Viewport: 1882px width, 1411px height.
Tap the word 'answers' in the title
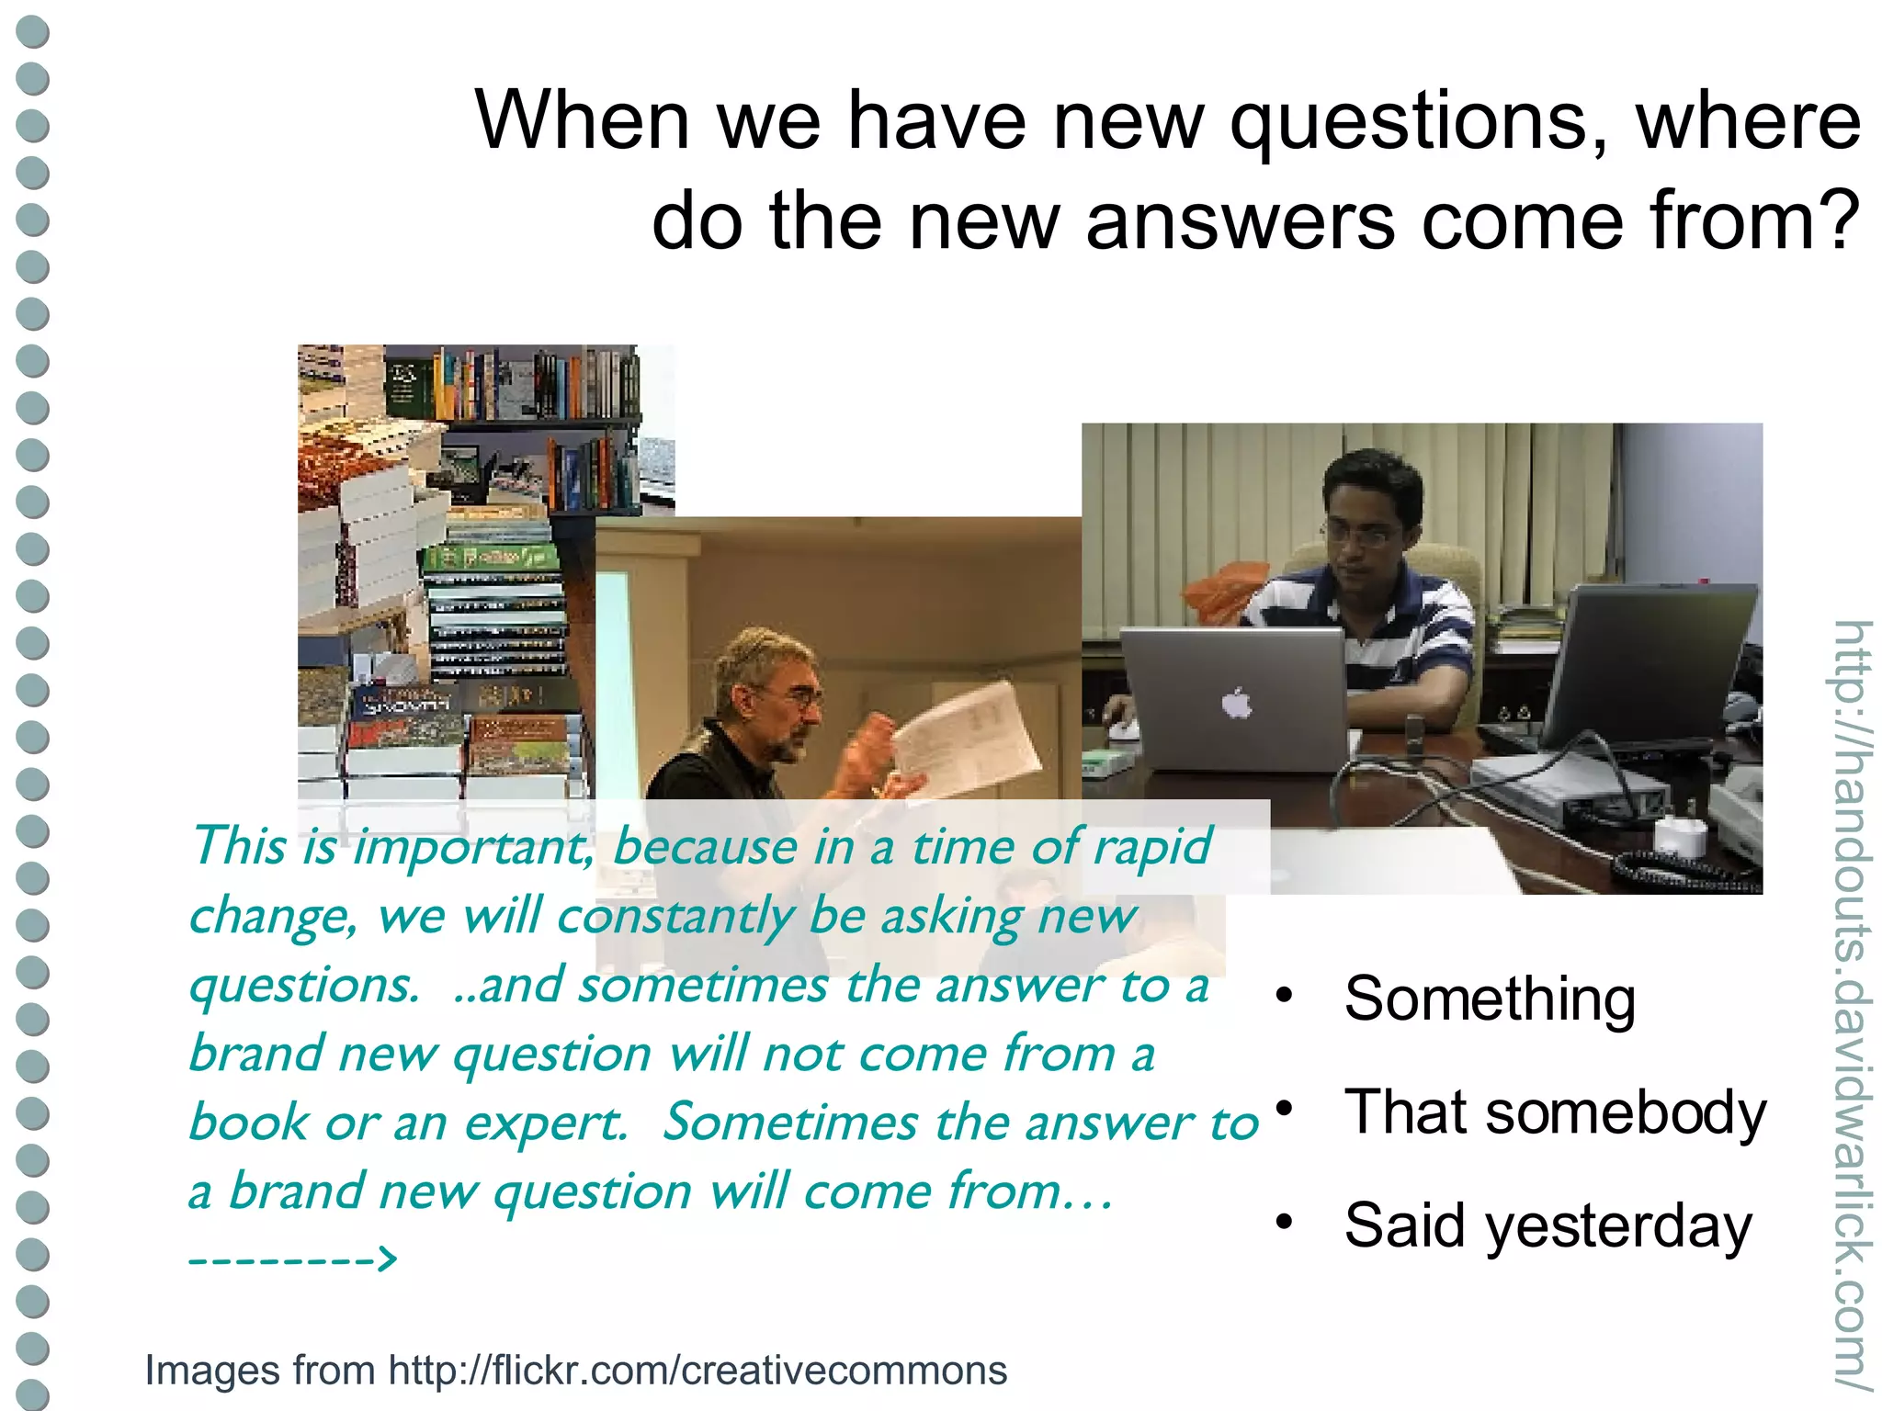(1240, 222)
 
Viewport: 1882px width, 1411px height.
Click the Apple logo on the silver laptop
(1236, 705)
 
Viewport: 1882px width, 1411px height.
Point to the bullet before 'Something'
(1285, 995)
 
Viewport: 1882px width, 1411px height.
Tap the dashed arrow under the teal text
(293, 1258)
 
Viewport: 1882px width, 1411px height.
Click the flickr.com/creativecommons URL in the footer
(697, 1371)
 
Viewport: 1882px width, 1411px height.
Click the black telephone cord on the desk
(1672, 869)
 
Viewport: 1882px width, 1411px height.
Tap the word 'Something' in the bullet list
(1490, 999)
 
